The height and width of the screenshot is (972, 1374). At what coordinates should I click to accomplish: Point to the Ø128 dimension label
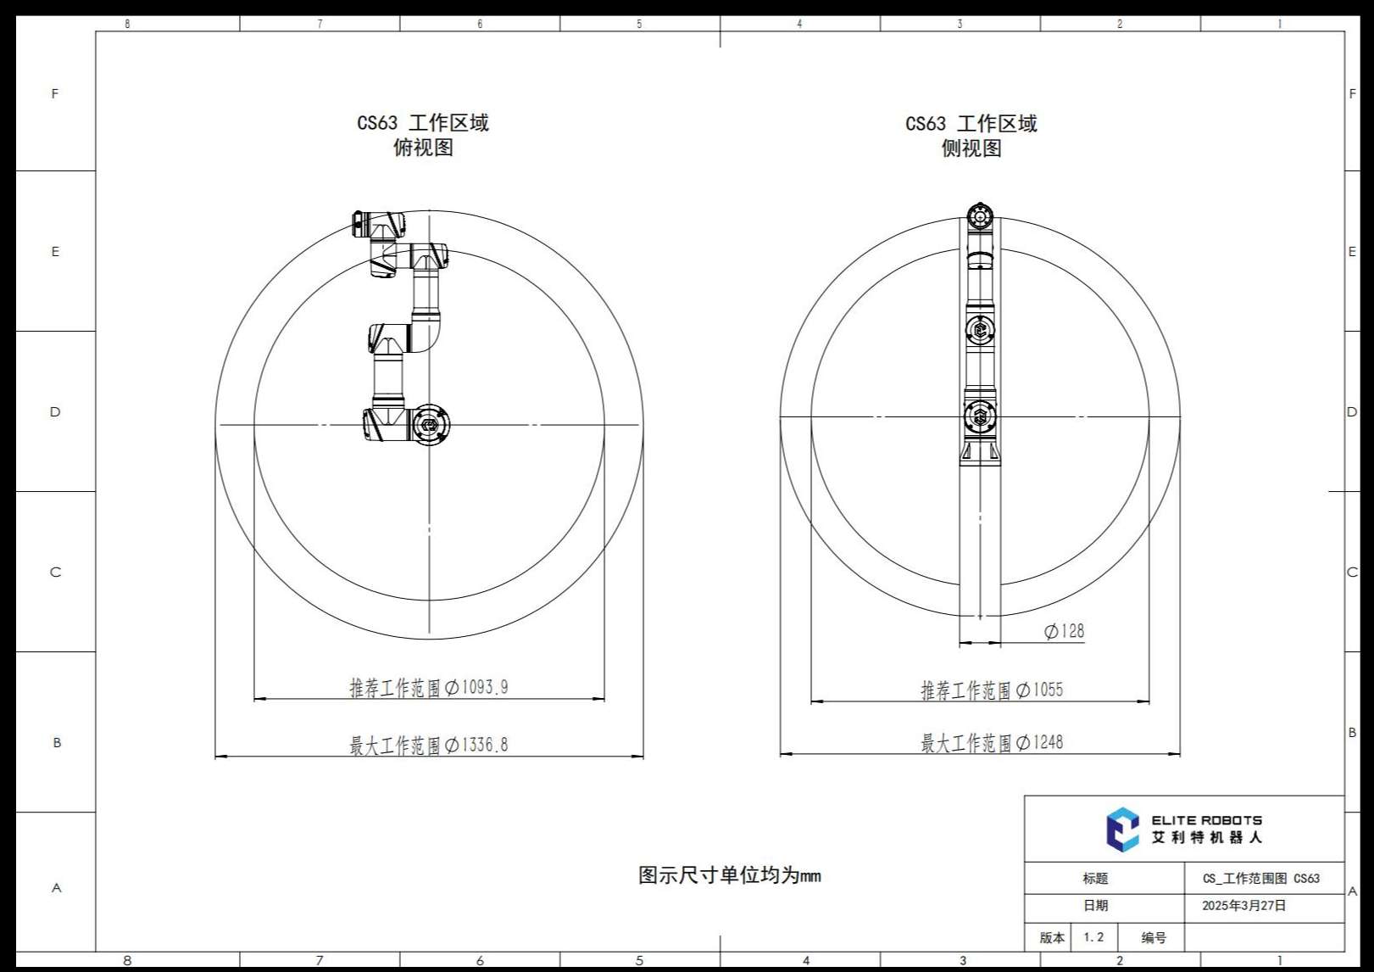click(x=1065, y=631)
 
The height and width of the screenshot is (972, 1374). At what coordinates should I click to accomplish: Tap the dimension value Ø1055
click(x=1039, y=690)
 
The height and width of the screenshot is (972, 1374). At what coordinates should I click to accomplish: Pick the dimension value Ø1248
click(x=1039, y=742)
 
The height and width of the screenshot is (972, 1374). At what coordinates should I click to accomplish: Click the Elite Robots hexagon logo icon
click(x=1122, y=830)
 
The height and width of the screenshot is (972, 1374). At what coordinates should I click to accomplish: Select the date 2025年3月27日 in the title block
click(x=1244, y=906)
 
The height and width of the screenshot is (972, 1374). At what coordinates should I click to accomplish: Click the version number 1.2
click(x=1093, y=937)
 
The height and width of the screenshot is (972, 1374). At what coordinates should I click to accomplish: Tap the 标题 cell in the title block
click(x=1095, y=878)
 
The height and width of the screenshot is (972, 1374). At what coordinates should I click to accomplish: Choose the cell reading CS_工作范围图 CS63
click(x=1261, y=878)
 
